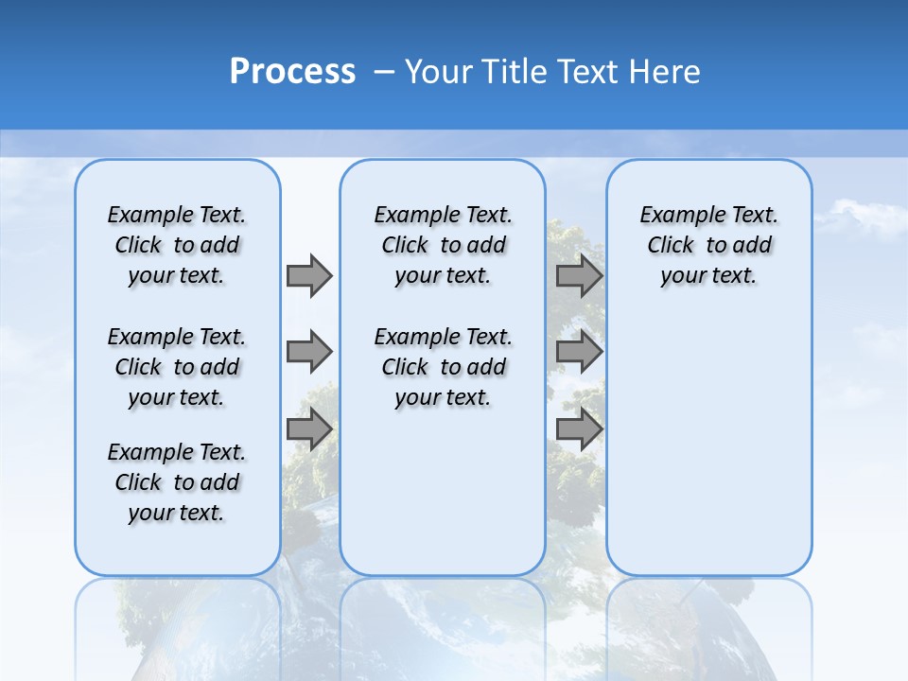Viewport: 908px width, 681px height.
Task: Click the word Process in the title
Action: (x=292, y=71)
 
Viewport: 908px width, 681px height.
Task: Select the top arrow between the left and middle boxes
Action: (x=309, y=275)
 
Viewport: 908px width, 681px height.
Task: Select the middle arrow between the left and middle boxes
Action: (x=309, y=352)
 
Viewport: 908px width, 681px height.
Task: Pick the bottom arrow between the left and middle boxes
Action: (x=309, y=429)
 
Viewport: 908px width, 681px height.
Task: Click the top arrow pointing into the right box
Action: (x=579, y=275)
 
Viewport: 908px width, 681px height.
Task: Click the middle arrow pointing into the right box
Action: (x=579, y=352)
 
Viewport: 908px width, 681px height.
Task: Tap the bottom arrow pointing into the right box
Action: (x=579, y=429)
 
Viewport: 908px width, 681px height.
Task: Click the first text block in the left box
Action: (x=177, y=245)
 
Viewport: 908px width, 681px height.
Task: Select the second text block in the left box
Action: (x=177, y=367)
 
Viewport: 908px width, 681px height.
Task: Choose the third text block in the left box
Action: (x=177, y=482)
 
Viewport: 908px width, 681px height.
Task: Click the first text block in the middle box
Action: (x=443, y=245)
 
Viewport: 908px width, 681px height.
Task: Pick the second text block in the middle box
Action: (x=443, y=367)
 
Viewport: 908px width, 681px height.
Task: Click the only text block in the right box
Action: (x=708, y=245)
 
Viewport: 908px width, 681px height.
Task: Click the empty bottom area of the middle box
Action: (x=443, y=501)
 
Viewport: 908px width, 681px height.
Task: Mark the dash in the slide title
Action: (x=385, y=71)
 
